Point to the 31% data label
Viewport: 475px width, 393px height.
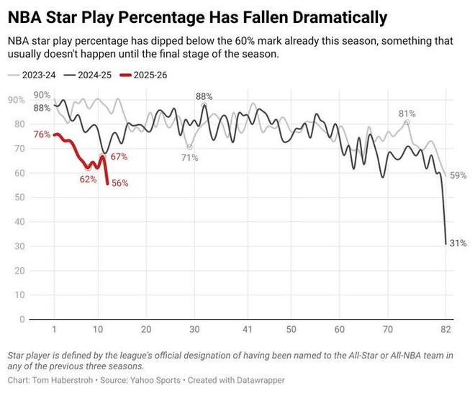coord(458,244)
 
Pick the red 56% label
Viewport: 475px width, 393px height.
coord(119,183)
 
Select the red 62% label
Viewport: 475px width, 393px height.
coord(89,179)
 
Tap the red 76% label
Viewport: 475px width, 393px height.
coord(42,134)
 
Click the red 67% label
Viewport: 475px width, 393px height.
coord(119,157)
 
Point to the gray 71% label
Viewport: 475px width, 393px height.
coord(190,157)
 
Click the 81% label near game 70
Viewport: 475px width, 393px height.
coord(407,114)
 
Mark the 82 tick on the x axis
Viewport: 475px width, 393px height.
coord(445,329)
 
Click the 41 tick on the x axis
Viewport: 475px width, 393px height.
coord(247,329)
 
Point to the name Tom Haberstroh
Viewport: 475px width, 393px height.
coord(65,379)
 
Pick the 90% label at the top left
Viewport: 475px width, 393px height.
coord(42,95)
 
